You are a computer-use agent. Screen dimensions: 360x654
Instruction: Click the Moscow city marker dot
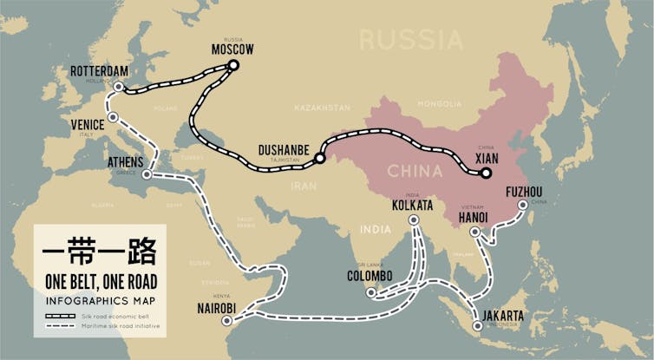pyautogui.click(x=232, y=65)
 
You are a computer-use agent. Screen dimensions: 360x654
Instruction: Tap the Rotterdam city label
pyautogui.click(x=98, y=70)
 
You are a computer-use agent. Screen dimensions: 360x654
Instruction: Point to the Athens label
pyautogui.click(x=125, y=161)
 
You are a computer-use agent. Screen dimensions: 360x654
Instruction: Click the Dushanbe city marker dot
pyautogui.click(x=319, y=159)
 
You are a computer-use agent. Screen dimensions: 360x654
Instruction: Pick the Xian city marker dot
pyautogui.click(x=487, y=173)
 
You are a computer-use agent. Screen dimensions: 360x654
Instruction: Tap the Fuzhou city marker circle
pyautogui.click(x=523, y=206)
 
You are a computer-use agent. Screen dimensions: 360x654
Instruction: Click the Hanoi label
pyautogui.click(x=474, y=216)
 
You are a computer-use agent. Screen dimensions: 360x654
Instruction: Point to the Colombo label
pyautogui.click(x=370, y=276)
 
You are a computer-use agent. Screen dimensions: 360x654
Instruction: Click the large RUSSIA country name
pyautogui.click(x=411, y=40)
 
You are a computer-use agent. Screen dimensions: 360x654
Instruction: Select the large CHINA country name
pyautogui.click(x=415, y=169)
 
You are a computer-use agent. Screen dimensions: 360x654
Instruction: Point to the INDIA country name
pyautogui.click(x=376, y=230)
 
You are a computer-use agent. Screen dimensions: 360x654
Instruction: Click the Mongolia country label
pyautogui.click(x=439, y=104)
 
